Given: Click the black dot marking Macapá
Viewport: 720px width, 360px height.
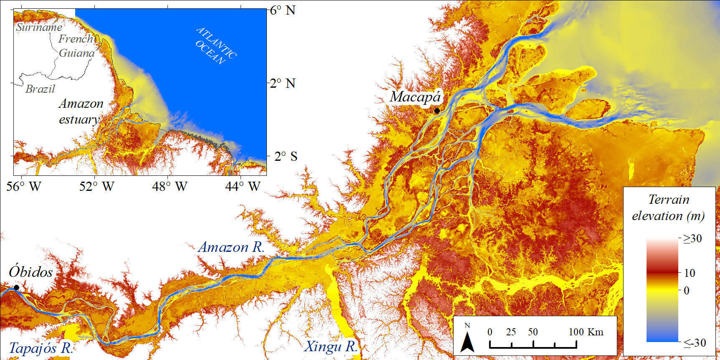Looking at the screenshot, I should pyautogui.click(x=437, y=111).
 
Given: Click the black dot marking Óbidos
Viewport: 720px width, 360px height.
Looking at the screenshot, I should pyautogui.click(x=16, y=287).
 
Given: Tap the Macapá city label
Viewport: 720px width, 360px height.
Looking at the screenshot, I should pyautogui.click(x=415, y=97).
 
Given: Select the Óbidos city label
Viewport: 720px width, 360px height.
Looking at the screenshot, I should pyautogui.click(x=31, y=272).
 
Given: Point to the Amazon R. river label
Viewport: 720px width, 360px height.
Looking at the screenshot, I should pyautogui.click(x=231, y=247).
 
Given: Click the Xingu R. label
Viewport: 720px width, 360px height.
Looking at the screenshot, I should pyautogui.click(x=331, y=346).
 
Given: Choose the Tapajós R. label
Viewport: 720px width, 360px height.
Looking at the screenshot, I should pyautogui.click(x=41, y=348).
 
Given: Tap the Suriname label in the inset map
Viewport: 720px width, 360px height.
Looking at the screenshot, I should pyautogui.click(x=39, y=27).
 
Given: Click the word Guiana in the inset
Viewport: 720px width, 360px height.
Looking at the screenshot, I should pyautogui.click(x=77, y=53).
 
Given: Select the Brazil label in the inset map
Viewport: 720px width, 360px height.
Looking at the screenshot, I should pyautogui.click(x=40, y=89).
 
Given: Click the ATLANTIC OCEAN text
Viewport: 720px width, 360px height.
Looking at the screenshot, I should pyautogui.click(x=216, y=46).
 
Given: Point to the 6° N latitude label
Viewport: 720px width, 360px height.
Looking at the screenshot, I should pyautogui.click(x=283, y=10).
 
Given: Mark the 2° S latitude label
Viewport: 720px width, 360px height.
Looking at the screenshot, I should pyautogui.click(x=286, y=157).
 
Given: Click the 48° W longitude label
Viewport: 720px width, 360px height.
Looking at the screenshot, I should pyautogui.click(x=170, y=186).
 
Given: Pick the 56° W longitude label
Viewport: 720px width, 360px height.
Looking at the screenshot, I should pyautogui.click(x=24, y=186).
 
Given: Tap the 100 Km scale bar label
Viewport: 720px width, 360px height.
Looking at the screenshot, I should pyautogui.click(x=586, y=332).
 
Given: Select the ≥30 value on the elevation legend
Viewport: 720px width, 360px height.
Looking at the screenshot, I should pyautogui.click(x=692, y=239).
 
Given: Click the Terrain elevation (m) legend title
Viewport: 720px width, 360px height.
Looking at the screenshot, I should pyautogui.click(x=668, y=208).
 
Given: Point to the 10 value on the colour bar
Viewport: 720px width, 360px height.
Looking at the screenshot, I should pyautogui.click(x=690, y=273).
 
